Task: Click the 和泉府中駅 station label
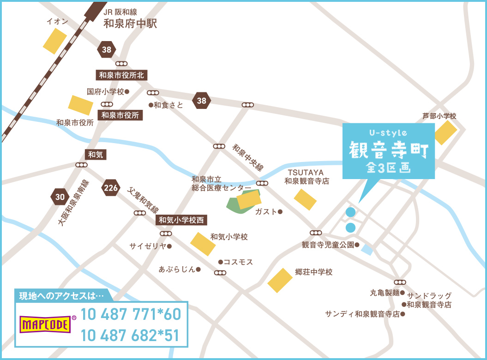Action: tap(130, 23)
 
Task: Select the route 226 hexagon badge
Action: tap(111, 188)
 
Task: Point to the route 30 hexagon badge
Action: tap(60, 198)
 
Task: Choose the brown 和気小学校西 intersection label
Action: tap(181, 220)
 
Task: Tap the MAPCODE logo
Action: tap(45, 324)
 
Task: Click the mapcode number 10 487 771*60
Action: tap(130, 315)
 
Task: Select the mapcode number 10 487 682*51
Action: tap(130, 336)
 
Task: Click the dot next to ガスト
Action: tap(280, 212)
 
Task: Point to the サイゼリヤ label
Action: tap(148, 246)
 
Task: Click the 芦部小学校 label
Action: tap(439, 116)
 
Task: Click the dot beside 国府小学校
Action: tap(127, 91)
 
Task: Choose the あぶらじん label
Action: tap(177, 269)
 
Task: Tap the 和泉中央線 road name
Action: tap(248, 158)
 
